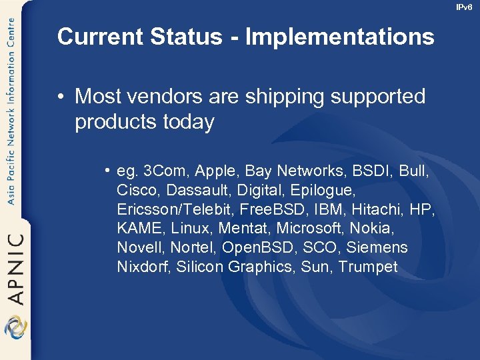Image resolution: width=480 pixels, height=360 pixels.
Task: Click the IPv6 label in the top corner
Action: click(463, 7)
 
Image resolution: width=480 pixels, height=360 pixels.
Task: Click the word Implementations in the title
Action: click(339, 37)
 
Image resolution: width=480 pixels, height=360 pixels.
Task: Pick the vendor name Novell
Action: click(140, 248)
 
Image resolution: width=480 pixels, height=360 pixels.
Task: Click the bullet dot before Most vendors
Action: click(61, 97)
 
